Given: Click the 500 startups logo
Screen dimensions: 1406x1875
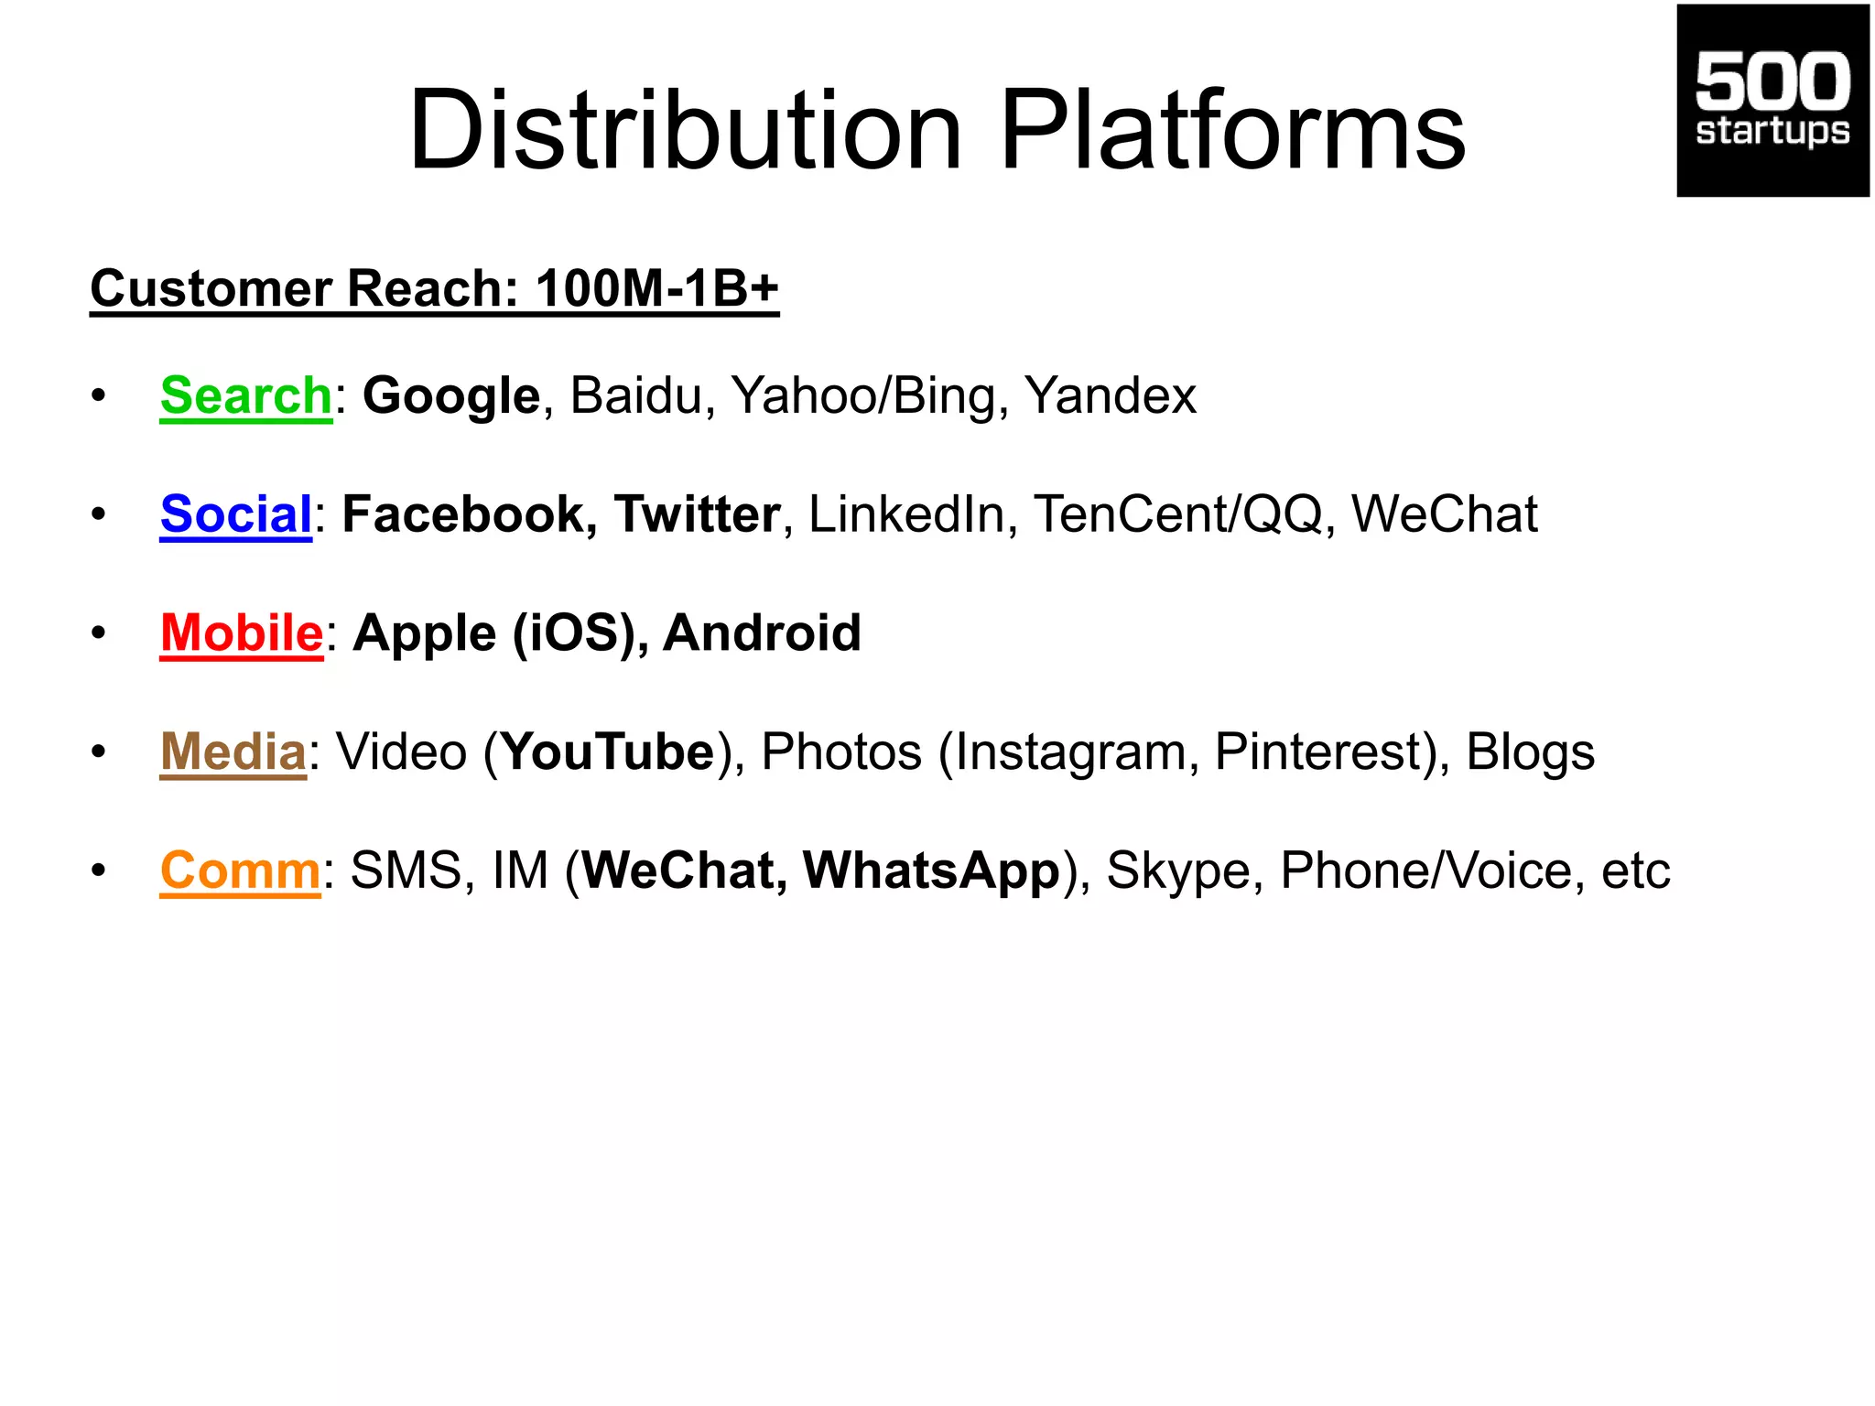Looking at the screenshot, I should pos(1772,101).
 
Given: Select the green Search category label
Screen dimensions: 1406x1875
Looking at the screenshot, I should pos(245,395).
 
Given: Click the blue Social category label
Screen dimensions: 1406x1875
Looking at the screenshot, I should pos(236,514).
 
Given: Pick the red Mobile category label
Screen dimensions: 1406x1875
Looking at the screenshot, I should pos(242,633).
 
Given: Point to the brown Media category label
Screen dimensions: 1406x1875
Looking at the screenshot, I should pos(233,752).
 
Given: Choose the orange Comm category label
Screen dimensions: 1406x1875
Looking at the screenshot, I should pos(240,870).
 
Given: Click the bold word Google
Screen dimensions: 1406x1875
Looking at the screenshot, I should pos(451,395).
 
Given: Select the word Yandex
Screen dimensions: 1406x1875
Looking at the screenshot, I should pos(1110,395).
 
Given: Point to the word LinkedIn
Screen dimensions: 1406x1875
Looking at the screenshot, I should pos(906,514).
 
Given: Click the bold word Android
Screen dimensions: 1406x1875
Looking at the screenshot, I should pos(762,633).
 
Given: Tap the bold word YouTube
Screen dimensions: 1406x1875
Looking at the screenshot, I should pos(608,752).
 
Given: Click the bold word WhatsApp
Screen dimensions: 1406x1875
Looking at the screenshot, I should pos(931,870).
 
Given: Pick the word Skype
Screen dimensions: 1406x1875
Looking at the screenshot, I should pos(1178,870).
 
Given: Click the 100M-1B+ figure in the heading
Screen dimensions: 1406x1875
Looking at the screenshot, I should pos(656,288).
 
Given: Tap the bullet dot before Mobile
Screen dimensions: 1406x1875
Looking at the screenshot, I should pos(99,633).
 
